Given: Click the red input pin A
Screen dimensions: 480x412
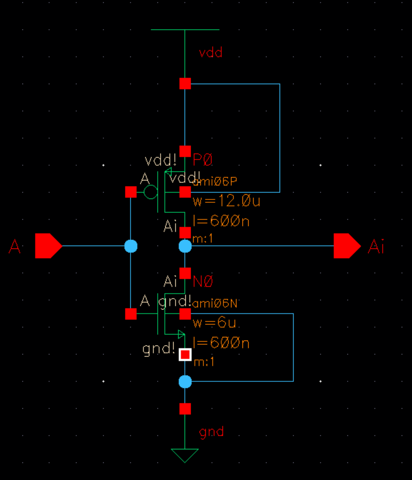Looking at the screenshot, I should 48,246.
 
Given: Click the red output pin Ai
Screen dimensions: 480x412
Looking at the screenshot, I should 346,246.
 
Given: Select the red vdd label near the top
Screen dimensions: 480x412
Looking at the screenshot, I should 210,53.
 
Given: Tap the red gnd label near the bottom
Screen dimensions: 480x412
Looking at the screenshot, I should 211,431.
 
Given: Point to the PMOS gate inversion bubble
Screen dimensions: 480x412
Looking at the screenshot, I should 150,192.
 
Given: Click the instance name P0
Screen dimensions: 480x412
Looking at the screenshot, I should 203,159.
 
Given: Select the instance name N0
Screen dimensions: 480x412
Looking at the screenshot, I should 203,281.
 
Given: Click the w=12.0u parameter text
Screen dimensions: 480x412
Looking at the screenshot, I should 226,201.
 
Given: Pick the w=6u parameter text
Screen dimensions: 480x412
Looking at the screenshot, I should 215,323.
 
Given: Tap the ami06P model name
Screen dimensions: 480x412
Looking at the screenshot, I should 215,181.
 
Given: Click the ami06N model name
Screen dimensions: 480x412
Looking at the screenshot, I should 215,303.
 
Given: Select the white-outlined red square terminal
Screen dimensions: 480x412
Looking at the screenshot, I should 185,354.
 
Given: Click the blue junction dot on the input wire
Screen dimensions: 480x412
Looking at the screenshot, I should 131,246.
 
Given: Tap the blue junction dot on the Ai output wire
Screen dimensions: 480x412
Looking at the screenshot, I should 185,246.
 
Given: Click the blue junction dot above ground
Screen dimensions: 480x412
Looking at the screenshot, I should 185,381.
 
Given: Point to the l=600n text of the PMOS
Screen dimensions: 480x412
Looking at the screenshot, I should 221,221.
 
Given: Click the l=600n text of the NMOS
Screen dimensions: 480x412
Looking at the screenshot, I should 221,343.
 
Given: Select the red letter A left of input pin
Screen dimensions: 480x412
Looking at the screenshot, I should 15,246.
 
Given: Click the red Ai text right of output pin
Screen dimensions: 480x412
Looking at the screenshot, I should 376,246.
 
